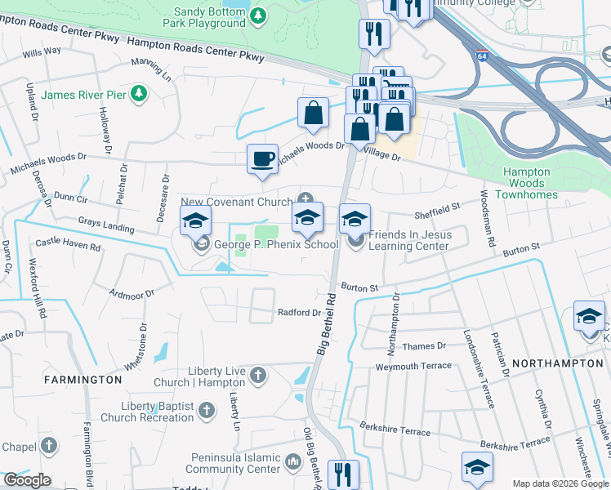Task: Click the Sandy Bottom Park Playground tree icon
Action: point(258,16)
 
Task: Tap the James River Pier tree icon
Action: point(139,95)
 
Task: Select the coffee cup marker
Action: point(262,158)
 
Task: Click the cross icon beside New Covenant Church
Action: point(305,198)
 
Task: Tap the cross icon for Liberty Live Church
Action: point(258,376)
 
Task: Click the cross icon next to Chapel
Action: point(50,446)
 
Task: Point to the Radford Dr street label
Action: point(299,313)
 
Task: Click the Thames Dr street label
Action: point(424,346)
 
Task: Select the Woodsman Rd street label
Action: point(488,219)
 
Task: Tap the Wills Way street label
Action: point(42,51)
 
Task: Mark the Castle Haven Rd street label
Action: point(67,243)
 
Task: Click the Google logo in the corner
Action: point(26,480)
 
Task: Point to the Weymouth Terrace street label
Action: point(413,367)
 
